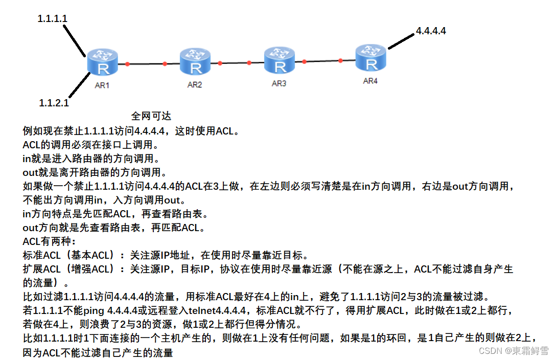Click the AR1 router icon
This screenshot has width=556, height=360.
click(x=102, y=62)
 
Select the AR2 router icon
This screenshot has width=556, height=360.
click(x=195, y=62)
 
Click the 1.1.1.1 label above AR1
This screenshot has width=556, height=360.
click(x=53, y=18)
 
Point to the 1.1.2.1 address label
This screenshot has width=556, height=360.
click(x=54, y=103)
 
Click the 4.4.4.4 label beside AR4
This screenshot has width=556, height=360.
click(x=431, y=31)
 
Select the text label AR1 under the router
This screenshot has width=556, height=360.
click(x=102, y=85)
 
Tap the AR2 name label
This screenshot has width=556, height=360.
click(x=195, y=85)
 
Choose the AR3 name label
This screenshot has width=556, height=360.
click(x=279, y=83)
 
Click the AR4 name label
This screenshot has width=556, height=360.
click(x=370, y=81)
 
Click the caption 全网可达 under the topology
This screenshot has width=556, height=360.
click(x=151, y=116)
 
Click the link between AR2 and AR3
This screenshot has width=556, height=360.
click(x=235, y=63)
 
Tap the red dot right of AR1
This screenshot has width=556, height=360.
click(x=128, y=64)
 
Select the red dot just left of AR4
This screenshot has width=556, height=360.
click(x=341, y=60)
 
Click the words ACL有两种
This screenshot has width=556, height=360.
click(x=49, y=241)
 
